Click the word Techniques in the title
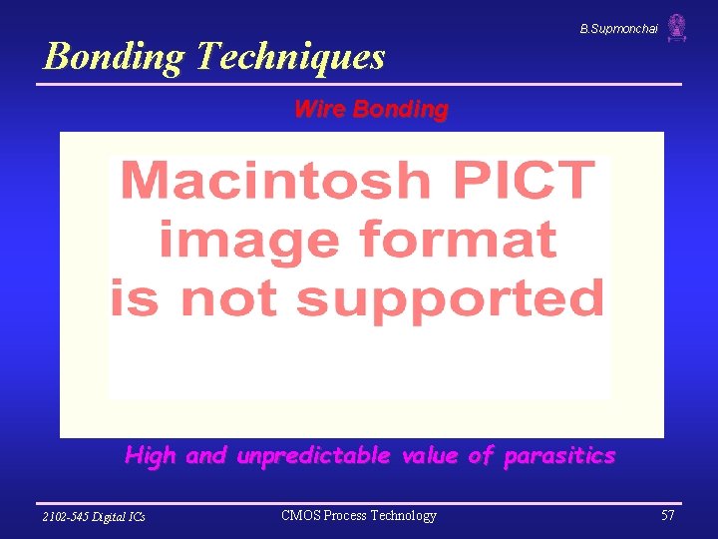(290, 57)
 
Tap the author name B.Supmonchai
(618, 30)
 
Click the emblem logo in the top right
(677, 27)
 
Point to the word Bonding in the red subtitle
(400, 109)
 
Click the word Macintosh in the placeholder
(275, 181)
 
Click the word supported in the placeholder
(450, 298)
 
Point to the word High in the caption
(151, 456)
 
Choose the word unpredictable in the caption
(313, 456)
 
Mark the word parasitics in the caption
(559, 456)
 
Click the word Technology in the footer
(403, 516)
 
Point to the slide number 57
(667, 516)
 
